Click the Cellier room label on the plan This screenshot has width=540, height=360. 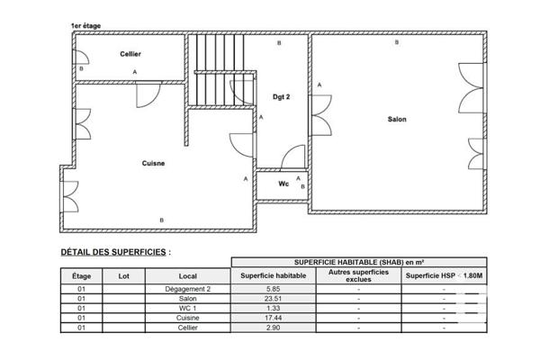point(130,54)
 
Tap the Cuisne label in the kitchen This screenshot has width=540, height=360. point(153,163)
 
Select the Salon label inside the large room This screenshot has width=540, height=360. point(396,120)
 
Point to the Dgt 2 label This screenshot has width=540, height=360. point(281,94)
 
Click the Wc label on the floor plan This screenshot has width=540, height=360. point(283,184)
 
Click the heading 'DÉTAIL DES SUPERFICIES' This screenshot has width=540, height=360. point(115,253)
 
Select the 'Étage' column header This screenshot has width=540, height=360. point(81,275)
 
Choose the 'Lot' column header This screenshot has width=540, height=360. point(124,275)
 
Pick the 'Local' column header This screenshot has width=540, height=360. point(187,275)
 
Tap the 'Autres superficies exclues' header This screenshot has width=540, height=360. point(358,275)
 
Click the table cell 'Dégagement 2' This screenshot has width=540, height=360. point(187,289)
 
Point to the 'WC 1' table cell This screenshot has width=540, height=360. point(187,309)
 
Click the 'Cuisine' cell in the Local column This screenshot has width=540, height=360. point(187,319)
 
